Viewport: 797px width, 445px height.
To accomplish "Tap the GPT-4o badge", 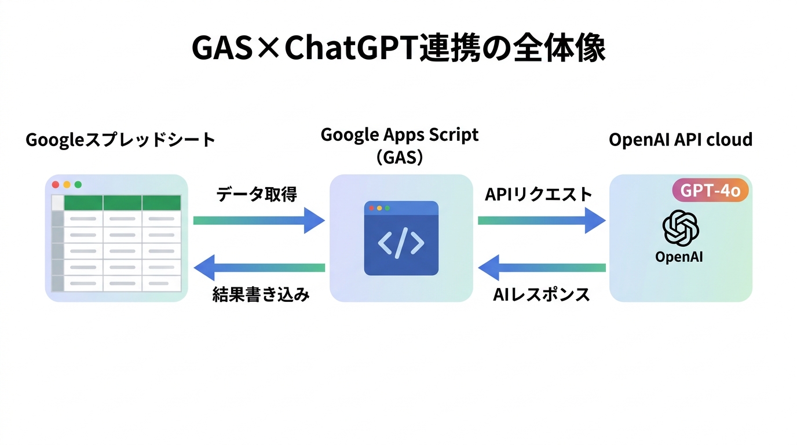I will (710, 190).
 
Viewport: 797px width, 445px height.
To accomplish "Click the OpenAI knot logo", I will (680, 228).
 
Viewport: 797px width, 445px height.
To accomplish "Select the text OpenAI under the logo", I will (679, 257).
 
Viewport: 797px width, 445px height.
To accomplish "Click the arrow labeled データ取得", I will (258, 220).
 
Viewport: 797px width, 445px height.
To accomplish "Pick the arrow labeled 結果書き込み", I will (259, 267).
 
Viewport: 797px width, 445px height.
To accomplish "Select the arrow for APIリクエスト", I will (541, 220).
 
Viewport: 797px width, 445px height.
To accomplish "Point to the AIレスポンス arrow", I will (541, 267).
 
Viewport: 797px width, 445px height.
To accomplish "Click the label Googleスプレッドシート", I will (120, 140).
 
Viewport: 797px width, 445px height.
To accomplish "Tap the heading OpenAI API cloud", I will (681, 140).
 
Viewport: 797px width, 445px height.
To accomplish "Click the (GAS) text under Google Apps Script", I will (400, 157).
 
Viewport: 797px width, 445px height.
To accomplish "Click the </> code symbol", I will (401, 243).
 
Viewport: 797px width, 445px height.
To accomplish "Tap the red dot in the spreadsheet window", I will (56, 185).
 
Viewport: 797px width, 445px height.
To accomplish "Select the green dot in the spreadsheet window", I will (78, 185).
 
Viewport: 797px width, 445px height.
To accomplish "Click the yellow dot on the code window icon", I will (379, 207).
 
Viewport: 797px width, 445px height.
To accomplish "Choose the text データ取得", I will (257, 195).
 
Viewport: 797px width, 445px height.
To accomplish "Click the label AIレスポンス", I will (541, 294).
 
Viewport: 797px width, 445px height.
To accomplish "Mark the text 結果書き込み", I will (261, 294).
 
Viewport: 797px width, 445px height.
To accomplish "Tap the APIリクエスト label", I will (538, 195).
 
